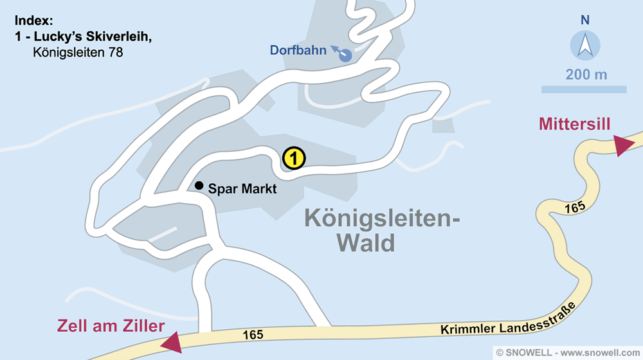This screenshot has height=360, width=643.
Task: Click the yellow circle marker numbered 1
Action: click(293, 157)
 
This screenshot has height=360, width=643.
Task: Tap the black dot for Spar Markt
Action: click(199, 184)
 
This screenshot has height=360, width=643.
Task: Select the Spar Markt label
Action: click(242, 189)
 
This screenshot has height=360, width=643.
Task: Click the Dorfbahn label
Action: click(298, 50)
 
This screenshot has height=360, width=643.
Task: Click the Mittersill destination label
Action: click(575, 124)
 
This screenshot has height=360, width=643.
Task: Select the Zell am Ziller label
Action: click(111, 326)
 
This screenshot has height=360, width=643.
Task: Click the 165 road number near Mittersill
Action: click(575, 208)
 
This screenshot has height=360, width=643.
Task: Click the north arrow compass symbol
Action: click(585, 46)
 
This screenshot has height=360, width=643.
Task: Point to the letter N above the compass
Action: click(585, 20)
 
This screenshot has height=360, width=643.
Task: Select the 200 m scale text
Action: click(586, 75)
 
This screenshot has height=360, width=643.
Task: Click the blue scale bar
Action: click(584, 89)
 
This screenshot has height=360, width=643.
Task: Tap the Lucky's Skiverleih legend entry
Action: click(84, 37)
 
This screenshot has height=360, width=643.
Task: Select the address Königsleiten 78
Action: click(77, 53)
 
